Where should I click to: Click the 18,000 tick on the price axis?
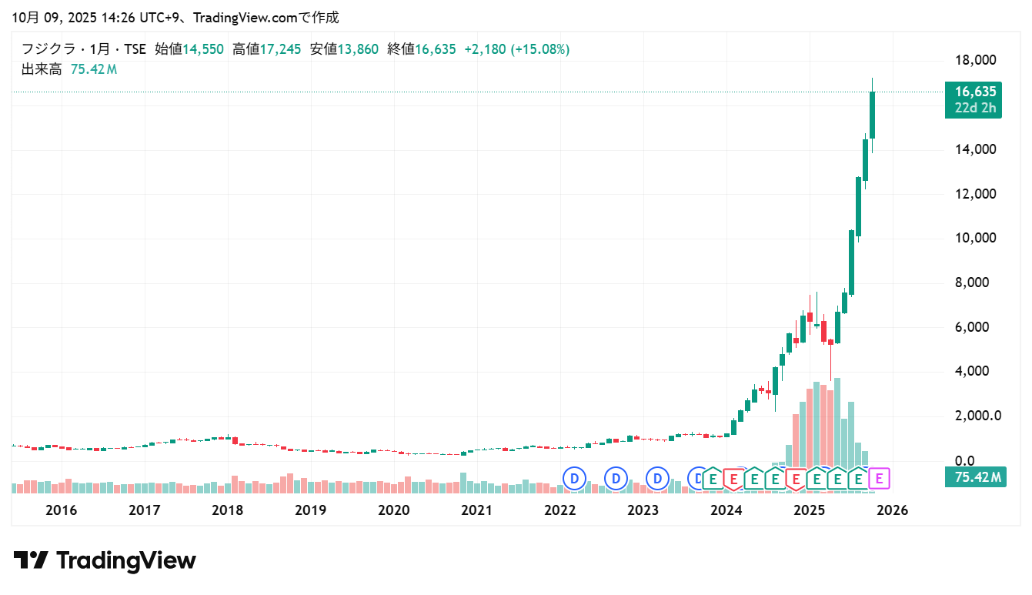pyautogui.click(x=974, y=60)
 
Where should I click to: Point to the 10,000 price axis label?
pyautogui.click(x=974, y=238)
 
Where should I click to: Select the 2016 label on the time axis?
pyautogui.click(x=61, y=510)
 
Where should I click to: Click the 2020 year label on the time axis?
pyautogui.click(x=393, y=510)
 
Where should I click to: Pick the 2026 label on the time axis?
pyautogui.click(x=892, y=510)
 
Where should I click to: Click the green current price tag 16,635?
pyautogui.click(x=974, y=92)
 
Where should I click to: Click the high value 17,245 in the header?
pyautogui.click(x=280, y=49)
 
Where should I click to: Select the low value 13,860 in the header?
pyautogui.click(x=358, y=49)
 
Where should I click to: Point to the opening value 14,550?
pyautogui.click(x=202, y=49)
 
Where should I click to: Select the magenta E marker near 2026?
pyautogui.click(x=879, y=479)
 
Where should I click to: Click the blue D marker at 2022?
pyautogui.click(x=574, y=479)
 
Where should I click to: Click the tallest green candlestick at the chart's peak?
pyautogui.click(x=872, y=115)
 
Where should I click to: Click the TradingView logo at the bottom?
pyautogui.click(x=105, y=560)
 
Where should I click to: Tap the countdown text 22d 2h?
pyautogui.click(x=974, y=108)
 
